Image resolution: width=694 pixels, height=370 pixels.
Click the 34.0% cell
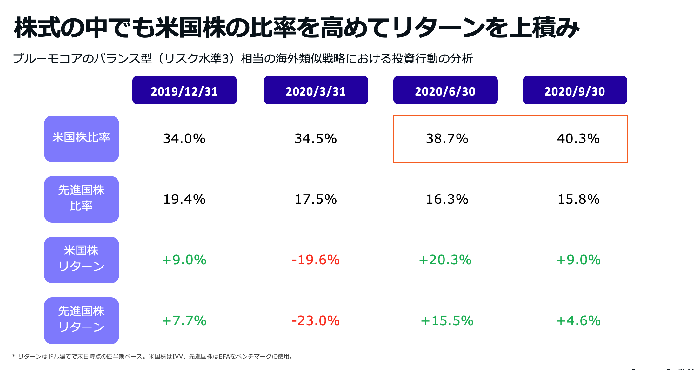click(184, 139)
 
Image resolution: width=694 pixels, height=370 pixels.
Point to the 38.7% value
click(447, 139)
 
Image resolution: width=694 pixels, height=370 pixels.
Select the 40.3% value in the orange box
click(578, 139)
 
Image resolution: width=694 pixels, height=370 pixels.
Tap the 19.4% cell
click(184, 199)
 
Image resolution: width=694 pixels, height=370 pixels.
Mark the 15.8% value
click(578, 199)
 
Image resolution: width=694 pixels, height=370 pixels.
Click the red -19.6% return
click(316, 260)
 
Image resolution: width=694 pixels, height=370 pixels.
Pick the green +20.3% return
click(445, 260)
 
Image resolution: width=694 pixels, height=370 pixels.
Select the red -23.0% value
click(316, 321)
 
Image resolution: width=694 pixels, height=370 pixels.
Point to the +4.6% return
click(578, 321)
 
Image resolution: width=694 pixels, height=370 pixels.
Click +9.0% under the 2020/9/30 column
click(578, 260)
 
